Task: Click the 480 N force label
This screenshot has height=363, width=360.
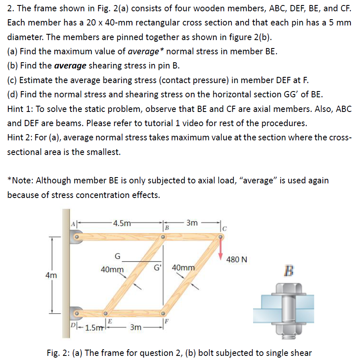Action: coord(236,259)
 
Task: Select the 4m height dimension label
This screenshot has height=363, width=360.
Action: coord(52,275)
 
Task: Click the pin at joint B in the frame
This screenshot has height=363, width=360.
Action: coord(164,237)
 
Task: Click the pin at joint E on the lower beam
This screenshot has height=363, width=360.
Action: coord(106,313)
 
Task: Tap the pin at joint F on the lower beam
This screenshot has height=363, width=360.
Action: coord(163,313)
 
